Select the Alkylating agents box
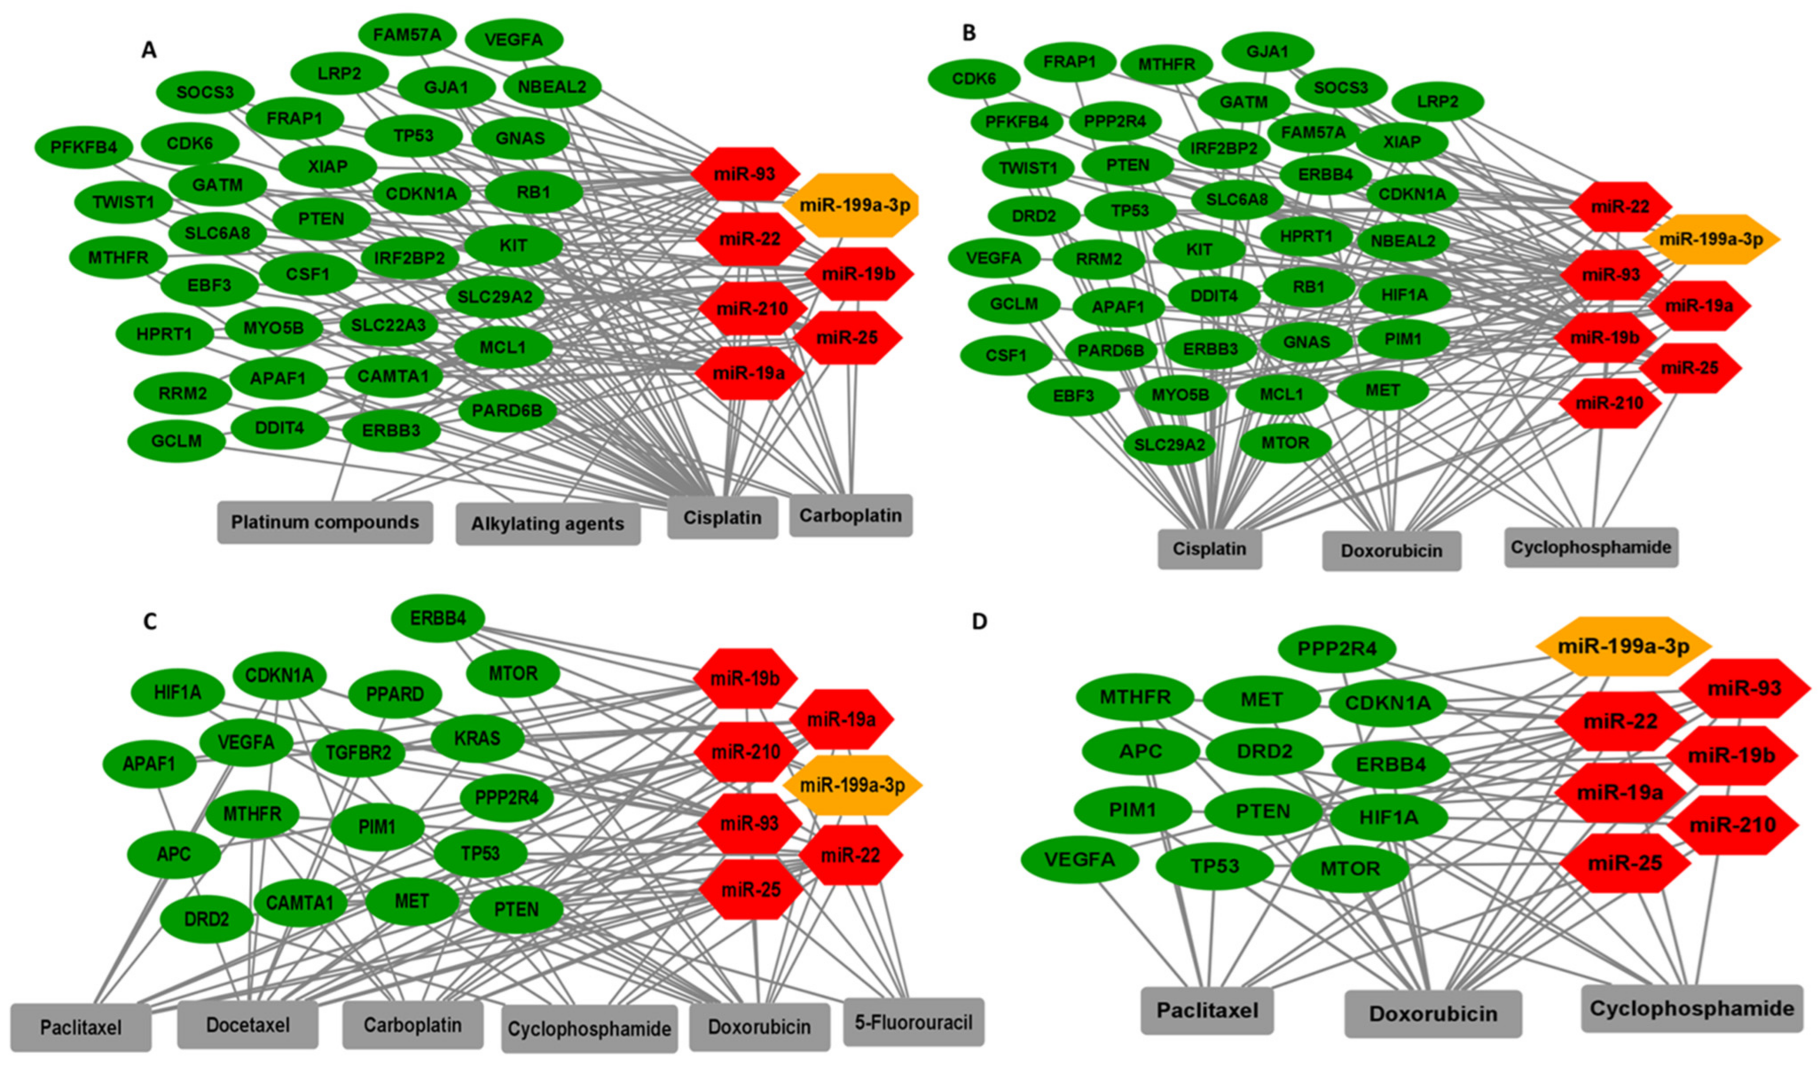(x=547, y=524)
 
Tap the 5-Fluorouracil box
(x=913, y=1022)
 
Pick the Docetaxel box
(x=248, y=1024)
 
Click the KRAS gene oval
(x=477, y=738)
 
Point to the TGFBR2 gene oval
(x=358, y=752)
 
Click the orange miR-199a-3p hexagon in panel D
(x=1623, y=647)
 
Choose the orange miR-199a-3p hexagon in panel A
(x=850, y=206)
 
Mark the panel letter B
(x=969, y=32)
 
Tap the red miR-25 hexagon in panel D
(x=1625, y=863)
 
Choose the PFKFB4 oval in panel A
(x=84, y=147)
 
